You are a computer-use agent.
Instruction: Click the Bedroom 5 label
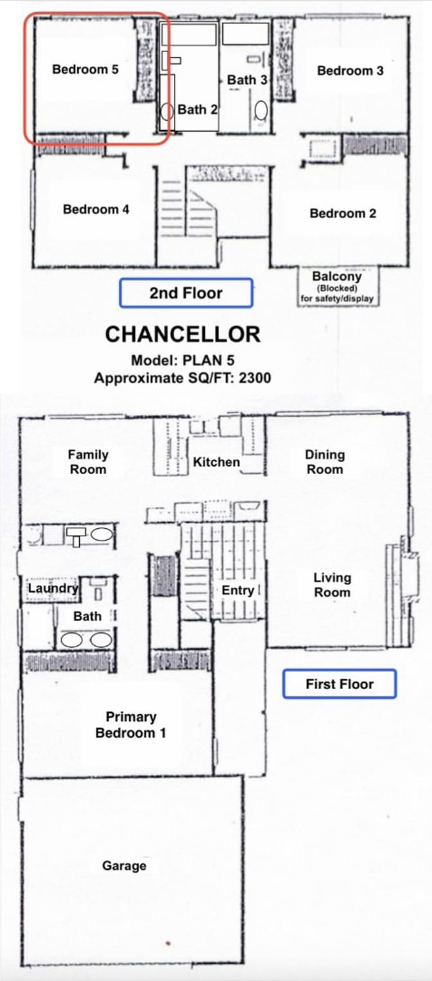pos(85,69)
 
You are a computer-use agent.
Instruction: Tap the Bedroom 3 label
pos(350,71)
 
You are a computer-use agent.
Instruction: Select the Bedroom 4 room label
pos(96,210)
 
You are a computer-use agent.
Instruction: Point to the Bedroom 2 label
pos(343,213)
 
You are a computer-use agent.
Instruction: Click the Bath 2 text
pos(197,109)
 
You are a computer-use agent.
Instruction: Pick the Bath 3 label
pos(247,80)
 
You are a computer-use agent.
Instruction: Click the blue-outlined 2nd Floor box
pos(186,292)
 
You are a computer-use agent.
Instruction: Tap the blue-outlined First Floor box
pos(339,683)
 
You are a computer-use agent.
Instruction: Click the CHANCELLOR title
pos(183,334)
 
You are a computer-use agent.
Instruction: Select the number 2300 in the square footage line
pos(255,378)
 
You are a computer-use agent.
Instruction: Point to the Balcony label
pos(337,276)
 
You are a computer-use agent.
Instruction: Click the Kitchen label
pos(217,462)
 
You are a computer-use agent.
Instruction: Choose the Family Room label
pos(88,462)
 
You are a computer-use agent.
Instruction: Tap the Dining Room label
pos(325,462)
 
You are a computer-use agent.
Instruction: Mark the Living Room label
pos(332,585)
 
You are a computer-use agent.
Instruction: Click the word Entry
pos(238,590)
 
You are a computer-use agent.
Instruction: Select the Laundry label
pos(53,588)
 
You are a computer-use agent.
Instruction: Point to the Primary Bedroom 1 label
pos(131,724)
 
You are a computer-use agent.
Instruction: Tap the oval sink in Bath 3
pos(261,111)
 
